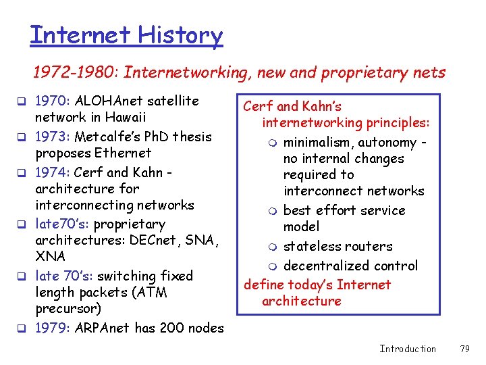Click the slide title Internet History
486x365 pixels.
(126, 34)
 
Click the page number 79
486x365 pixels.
(464, 349)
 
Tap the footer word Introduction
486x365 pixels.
(408, 349)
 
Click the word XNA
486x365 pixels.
(51, 257)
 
